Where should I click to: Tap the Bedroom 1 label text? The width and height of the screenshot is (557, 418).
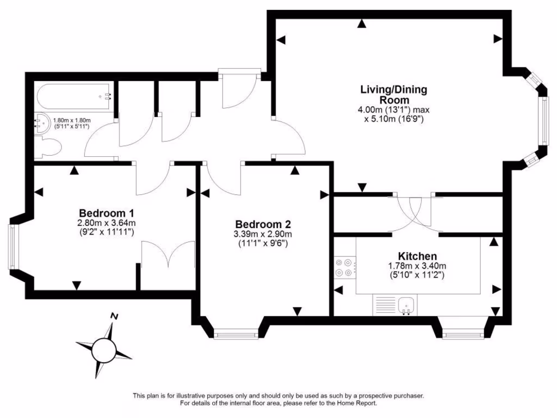107,213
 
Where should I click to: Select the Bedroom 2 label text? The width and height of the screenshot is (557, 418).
263,224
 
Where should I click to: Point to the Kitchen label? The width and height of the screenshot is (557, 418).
417,256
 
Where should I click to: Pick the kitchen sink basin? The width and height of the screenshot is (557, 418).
406,304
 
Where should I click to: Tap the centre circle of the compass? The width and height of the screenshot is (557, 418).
103,348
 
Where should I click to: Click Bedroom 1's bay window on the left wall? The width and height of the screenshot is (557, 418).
13,247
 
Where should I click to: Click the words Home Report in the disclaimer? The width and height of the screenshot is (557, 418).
355,403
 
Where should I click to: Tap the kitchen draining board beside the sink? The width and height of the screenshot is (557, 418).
384,304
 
